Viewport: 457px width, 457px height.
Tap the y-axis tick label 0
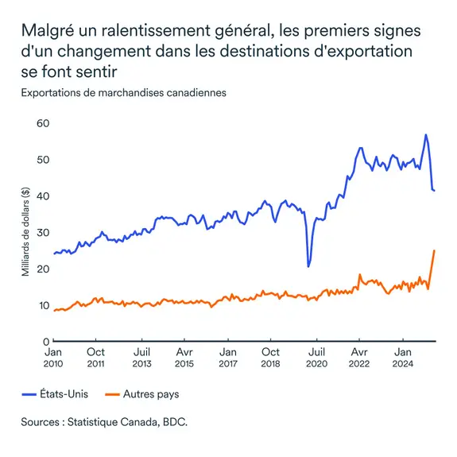tap(47, 341)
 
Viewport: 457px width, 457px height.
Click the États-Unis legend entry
tap(56, 393)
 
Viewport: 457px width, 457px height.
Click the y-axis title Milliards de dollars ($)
tap(25, 232)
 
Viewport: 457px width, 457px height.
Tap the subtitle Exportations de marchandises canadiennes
tap(124, 92)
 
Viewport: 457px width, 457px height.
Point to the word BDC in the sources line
tap(175, 421)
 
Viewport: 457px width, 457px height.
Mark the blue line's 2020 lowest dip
tap(308, 266)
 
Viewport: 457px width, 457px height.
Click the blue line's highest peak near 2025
tap(426, 135)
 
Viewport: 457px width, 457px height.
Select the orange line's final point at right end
tap(434, 250)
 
